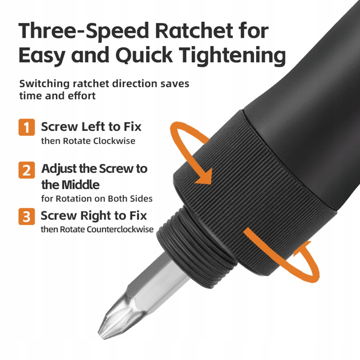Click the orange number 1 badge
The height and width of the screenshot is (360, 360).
click(x=27, y=127)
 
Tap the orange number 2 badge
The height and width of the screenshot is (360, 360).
click(x=27, y=170)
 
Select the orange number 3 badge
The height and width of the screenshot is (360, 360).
click(x=27, y=216)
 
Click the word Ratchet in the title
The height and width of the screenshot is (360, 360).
click(x=194, y=30)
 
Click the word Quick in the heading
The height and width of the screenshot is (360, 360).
click(x=144, y=55)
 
